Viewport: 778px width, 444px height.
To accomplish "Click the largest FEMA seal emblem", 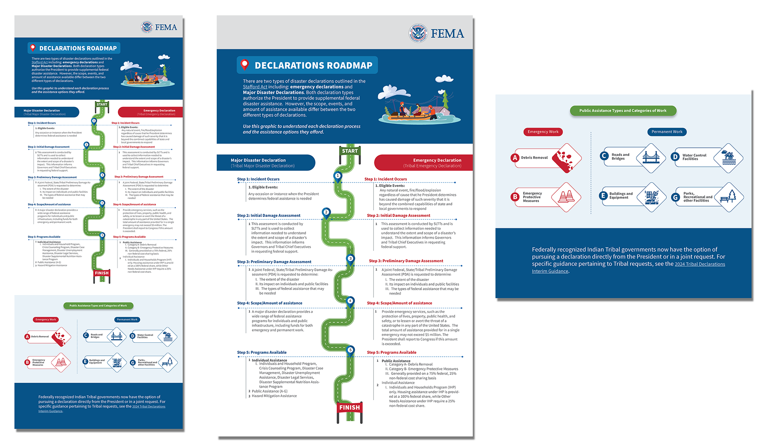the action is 418,33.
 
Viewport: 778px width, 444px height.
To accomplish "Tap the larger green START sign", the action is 350,151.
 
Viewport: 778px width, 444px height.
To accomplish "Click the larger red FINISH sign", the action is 349,407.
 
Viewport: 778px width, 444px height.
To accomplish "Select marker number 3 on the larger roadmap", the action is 351,258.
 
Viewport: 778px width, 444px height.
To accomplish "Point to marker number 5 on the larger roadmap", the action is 351,350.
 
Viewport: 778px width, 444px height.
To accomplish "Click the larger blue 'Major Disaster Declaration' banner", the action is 265,163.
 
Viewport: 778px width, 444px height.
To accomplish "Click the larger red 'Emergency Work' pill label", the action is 543,132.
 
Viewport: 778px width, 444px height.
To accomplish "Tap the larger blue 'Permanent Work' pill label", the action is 667,132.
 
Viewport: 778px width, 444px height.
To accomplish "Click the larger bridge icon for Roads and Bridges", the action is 651,157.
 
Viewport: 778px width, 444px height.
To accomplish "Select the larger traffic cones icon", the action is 566,197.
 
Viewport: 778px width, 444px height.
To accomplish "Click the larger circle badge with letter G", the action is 675,197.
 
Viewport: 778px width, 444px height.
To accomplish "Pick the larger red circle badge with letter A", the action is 515,158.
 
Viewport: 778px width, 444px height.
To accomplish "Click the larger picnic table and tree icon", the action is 729,197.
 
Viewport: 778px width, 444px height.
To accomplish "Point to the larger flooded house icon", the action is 728,157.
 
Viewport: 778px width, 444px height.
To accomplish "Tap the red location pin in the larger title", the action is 244,64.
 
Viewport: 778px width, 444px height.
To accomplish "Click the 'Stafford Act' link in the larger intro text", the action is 255,87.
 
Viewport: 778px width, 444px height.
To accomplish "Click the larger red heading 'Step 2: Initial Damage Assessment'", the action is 398,215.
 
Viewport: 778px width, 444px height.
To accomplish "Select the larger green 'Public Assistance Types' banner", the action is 623,110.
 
